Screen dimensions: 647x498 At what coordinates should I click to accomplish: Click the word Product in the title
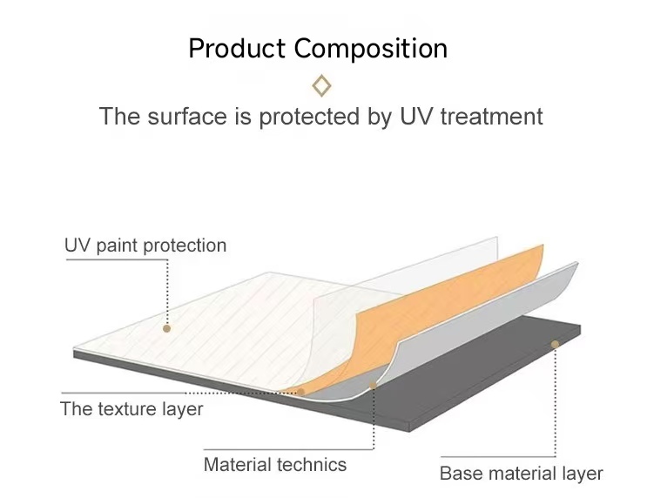[x=237, y=48]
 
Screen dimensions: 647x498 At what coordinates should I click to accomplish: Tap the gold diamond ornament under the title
[x=321, y=85]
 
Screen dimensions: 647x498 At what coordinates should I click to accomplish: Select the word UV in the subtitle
[x=417, y=116]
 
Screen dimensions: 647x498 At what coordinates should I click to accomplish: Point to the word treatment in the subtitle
[x=491, y=117]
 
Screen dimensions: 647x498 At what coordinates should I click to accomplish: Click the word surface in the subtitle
[x=187, y=116]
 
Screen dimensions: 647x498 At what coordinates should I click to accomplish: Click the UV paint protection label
[x=145, y=246]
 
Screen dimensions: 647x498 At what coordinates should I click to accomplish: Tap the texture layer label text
[x=131, y=409]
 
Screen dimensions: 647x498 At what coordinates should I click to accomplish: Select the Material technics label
[x=275, y=465]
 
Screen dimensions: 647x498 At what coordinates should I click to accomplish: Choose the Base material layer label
[x=521, y=474]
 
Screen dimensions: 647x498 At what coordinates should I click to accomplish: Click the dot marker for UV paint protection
[x=166, y=328]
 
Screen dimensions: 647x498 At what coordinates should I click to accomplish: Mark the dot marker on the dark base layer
[x=555, y=344]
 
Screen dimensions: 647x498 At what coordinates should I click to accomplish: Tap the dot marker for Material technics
[x=373, y=386]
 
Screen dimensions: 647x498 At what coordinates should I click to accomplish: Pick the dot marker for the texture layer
[x=300, y=392]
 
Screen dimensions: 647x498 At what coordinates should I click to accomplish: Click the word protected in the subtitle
[x=309, y=117]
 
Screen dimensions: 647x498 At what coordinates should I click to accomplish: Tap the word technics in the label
[x=312, y=465]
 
